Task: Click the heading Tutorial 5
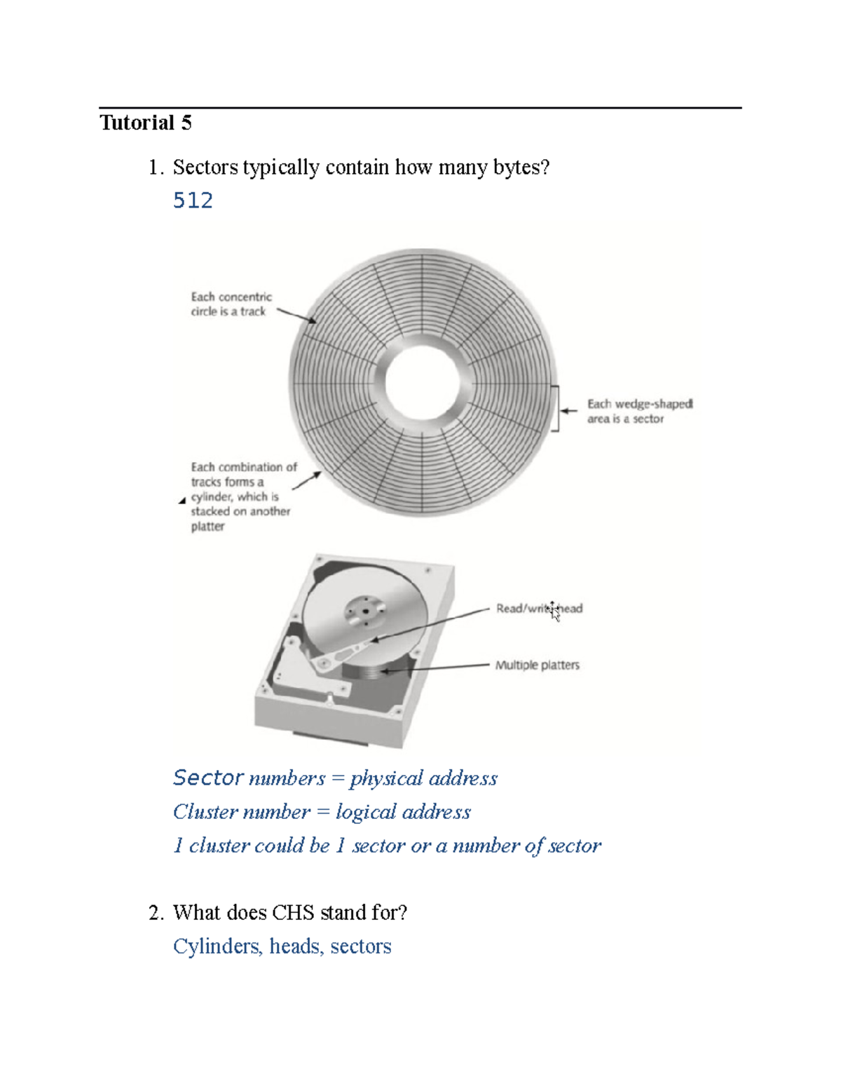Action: (x=145, y=123)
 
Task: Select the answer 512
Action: (x=193, y=201)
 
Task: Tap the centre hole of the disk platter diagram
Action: (x=422, y=382)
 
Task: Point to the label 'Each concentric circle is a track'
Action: (x=231, y=304)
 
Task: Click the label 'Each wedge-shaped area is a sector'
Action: (x=638, y=412)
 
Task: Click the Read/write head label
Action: (x=539, y=609)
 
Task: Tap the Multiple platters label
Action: (x=537, y=665)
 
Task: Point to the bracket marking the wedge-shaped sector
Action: (x=556, y=408)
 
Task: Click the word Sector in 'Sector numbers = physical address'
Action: (x=208, y=778)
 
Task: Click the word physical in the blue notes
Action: (x=386, y=778)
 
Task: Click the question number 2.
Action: (x=156, y=912)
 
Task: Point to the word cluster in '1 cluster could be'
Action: (x=219, y=846)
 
